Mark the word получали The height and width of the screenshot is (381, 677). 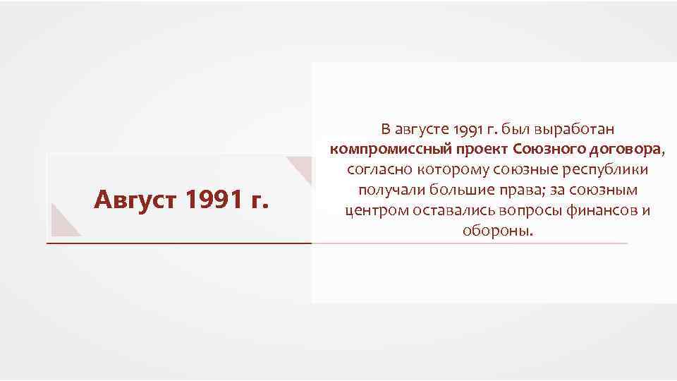tap(387, 190)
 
